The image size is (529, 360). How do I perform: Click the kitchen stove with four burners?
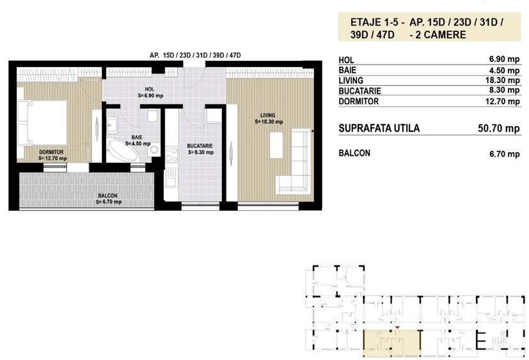click(171, 154)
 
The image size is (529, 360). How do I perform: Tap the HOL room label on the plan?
click(149, 90)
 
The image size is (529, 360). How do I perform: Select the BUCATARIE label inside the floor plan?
click(200, 146)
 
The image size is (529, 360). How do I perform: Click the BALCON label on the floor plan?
click(107, 196)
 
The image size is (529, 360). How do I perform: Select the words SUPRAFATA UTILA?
click(379, 129)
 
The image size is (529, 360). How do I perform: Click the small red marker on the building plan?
click(398, 329)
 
